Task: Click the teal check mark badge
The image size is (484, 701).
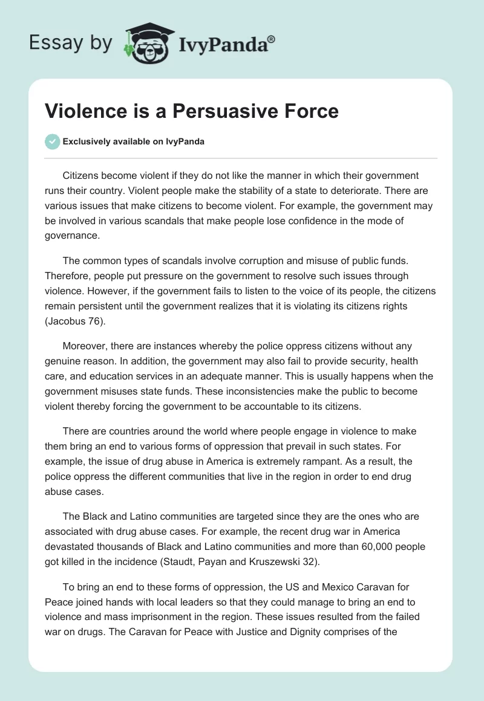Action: click(52, 141)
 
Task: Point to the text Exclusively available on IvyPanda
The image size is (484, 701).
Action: click(134, 142)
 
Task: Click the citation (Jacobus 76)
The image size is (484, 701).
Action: click(75, 321)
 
